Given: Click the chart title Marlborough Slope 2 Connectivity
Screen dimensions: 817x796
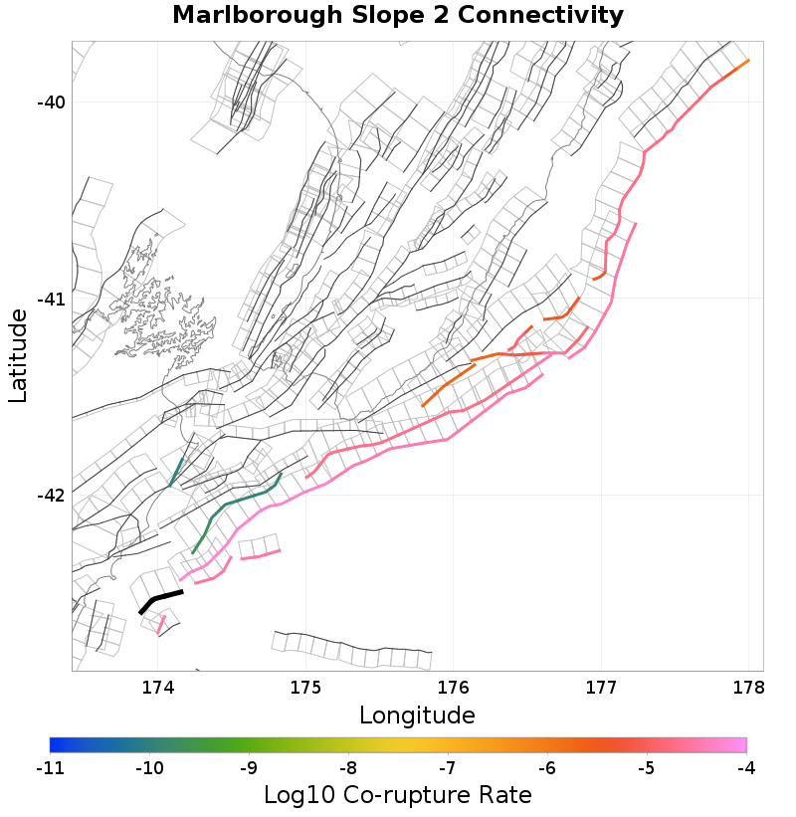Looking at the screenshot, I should pyautogui.click(x=398, y=16).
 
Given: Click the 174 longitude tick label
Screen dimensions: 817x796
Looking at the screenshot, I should pyautogui.click(x=158, y=688).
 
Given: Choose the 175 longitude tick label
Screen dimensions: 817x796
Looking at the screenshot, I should pyautogui.click(x=305, y=688).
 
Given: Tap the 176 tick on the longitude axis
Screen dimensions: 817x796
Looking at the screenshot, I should pyautogui.click(x=454, y=688).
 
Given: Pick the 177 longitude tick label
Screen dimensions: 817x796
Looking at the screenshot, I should pyautogui.click(x=601, y=688).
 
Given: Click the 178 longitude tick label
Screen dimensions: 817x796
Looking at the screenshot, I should pyautogui.click(x=748, y=688).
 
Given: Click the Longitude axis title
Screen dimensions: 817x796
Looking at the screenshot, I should pyautogui.click(x=417, y=715).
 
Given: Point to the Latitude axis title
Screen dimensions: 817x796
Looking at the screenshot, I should pyautogui.click(x=18, y=355).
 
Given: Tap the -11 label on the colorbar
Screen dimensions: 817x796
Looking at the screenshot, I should pyautogui.click(x=50, y=768).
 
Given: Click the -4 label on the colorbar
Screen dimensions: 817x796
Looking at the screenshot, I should pyautogui.click(x=746, y=768).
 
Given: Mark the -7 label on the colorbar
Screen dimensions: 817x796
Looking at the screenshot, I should pyautogui.click(x=448, y=768).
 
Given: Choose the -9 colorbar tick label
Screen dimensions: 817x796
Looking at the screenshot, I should pyautogui.click(x=249, y=768).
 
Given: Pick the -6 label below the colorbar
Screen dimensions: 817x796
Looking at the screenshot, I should pyautogui.click(x=547, y=768).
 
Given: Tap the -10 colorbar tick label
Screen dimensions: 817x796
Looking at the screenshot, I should pyautogui.click(x=149, y=768).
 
